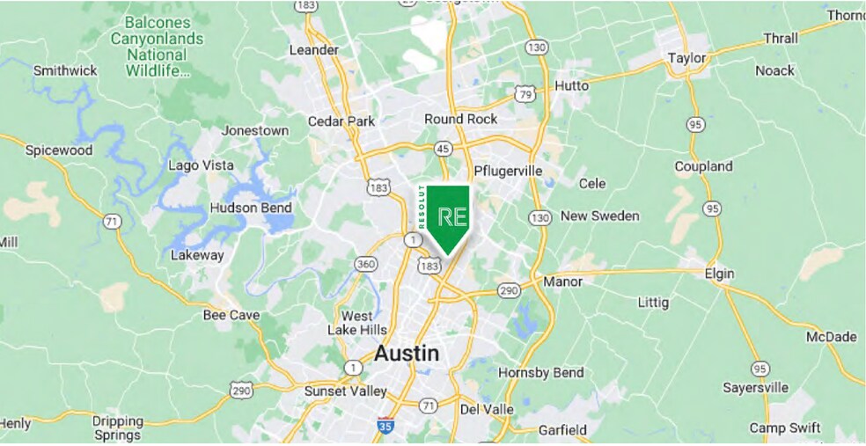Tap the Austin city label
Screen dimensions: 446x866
click(406, 353)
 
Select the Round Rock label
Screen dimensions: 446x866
click(460, 119)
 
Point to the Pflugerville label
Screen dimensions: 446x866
click(508, 170)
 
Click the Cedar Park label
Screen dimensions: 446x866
click(341, 121)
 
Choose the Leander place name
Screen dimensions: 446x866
click(313, 50)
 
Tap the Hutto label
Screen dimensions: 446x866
click(571, 86)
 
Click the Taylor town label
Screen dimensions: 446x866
click(686, 58)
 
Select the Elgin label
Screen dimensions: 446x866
click(719, 274)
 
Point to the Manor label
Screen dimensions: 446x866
click(563, 282)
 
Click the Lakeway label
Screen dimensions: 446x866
click(196, 255)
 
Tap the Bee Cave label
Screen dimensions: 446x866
click(231, 315)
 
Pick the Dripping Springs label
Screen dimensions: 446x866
click(117, 428)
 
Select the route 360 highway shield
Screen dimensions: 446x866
click(366, 264)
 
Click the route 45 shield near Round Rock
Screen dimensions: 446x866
click(443, 148)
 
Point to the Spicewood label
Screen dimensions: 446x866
click(58, 150)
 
